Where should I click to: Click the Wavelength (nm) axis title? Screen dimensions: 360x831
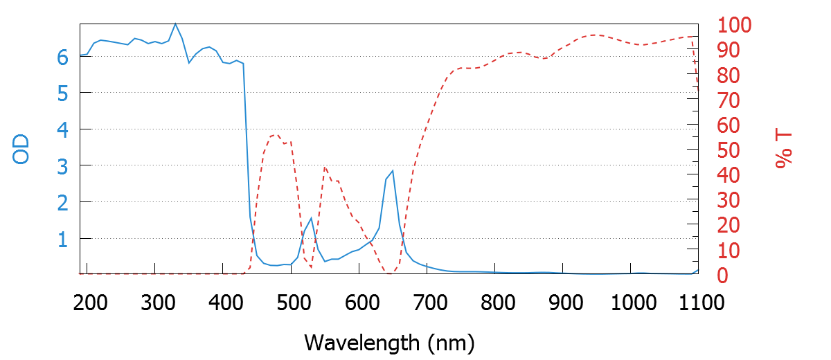click(x=388, y=342)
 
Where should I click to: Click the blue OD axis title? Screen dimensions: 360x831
click(x=21, y=149)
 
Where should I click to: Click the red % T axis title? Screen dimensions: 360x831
click(x=783, y=149)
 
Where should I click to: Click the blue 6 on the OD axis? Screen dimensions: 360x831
click(x=62, y=57)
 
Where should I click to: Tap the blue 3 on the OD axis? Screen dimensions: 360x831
click(x=62, y=166)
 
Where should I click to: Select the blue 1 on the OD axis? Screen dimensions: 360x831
click(x=62, y=240)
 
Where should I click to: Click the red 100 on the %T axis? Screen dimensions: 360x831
click(x=735, y=26)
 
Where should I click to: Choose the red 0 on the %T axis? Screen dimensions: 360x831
click(x=722, y=275)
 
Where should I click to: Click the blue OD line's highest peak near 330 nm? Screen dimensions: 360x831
click(x=175, y=24)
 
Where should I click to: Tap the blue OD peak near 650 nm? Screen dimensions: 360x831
click(x=393, y=170)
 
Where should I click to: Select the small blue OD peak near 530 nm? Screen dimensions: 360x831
click(x=311, y=218)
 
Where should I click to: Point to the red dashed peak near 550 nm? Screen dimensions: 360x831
click(x=325, y=167)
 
